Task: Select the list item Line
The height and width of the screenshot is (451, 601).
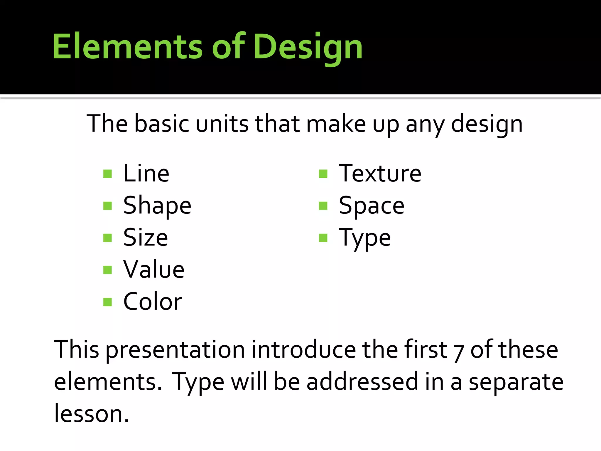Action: point(146,174)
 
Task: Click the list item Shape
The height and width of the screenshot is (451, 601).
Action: point(157,206)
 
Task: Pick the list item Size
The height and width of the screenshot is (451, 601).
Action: point(146,238)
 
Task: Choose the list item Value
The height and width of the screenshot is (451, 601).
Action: point(154,270)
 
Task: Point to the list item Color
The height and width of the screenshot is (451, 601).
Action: point(153,302)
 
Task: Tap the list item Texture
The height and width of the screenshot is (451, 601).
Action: point(380,174)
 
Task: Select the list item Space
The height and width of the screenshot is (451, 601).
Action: point(372,206)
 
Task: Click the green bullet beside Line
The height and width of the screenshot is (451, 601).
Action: point(108,174)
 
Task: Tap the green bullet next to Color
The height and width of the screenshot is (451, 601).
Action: point(108,302)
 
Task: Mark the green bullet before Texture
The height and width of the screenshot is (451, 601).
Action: point(323,174)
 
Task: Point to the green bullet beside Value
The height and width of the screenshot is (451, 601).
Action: point(108,270)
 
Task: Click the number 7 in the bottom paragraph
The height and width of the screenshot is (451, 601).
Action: point(458,351)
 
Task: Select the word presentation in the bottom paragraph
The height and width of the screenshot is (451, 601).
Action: point(175,350)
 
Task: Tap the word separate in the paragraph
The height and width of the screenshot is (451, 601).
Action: point(516,382)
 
